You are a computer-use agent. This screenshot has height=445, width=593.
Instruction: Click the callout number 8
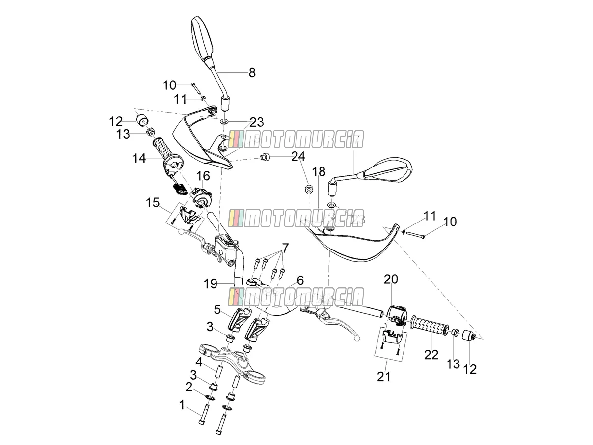(x=252, y=72)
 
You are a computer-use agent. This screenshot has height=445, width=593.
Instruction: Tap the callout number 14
(x=139, y=158)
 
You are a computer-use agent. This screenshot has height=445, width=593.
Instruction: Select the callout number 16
(x=203, y=176)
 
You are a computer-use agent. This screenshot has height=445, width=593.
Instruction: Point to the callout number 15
(x=153, y=203)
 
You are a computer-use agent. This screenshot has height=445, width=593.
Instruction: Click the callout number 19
(x=211, y=284)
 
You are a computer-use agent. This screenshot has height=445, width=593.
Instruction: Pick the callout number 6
(x=300, y=280)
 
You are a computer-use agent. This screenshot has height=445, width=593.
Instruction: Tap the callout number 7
(x=285, y=248)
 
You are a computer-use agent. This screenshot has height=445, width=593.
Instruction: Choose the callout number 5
(x=217, y=309)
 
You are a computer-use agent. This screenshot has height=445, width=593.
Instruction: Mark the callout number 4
(x=199, y=362)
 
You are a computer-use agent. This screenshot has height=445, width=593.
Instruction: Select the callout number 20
(x=391, y=279)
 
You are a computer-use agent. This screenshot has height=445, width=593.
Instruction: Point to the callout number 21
(x=383, y=377)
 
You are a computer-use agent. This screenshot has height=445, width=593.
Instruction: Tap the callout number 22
(x=431, y=355)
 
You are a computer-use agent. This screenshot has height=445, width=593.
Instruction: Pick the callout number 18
(x=319, y=171)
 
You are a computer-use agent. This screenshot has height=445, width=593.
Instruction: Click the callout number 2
(x=189, y=387)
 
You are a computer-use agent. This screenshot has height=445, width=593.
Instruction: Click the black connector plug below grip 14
(x=180, y=188)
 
